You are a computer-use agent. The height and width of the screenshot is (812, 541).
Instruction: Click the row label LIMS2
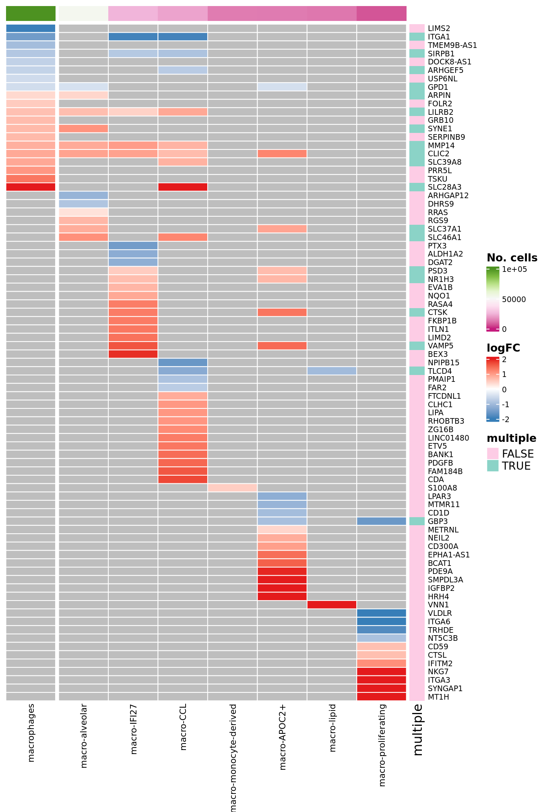pyautogui.click(x=439, y=28)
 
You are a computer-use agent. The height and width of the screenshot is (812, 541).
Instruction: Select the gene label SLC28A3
pyautogui.click(x=444, y=187)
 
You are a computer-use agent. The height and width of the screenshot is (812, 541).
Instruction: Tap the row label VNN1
pyautogui.click(x=438, y=605)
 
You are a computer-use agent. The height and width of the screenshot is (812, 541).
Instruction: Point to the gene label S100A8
pyautogui.click(x=442, y=488)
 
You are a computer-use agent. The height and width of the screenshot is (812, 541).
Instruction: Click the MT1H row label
pyautogui.click(x=438, y=697)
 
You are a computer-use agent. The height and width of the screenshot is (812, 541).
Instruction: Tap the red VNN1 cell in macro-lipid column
pyautogui.click(x=332, y=605)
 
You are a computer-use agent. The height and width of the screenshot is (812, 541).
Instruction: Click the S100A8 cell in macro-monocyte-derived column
pyautogui.click(x=232, y=488)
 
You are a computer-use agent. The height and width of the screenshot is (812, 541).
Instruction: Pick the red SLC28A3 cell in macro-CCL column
pyautogui.click(x=183, y=187)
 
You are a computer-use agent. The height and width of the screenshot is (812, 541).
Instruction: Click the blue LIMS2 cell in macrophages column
pyautogui.click(x=31, y=28)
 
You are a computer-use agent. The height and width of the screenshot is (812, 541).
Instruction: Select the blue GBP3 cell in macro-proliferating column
pyautogui.click(x=381, y=521)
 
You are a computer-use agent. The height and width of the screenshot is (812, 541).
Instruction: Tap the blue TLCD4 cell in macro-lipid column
pyautogui.click(x=332, y=371)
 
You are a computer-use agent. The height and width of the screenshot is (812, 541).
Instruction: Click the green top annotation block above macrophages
pyautogui.click(x=31, y=13)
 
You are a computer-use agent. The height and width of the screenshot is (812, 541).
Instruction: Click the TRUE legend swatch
pyautogui.click(x=493, y=466)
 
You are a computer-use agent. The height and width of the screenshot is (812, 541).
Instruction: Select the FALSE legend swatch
pyautogui.click(x=493, y=454)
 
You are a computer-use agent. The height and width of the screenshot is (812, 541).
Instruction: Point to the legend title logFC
pyautogui.click(x=503, y=348)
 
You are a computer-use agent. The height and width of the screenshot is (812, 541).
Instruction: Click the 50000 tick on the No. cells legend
pyautogui.click(x=514, y=299)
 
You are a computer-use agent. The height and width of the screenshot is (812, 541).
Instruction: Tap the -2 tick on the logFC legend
pyautogui.click(x=506, y=419)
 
